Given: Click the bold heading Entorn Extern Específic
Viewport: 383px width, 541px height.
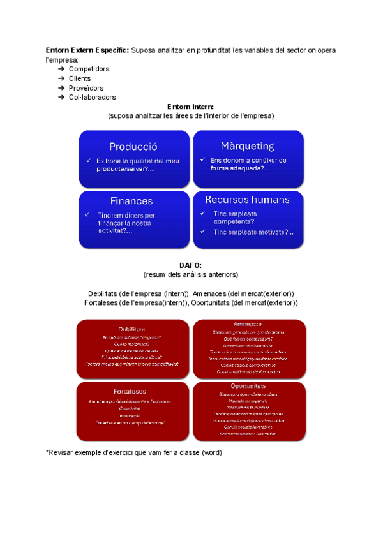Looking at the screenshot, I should tap(87, 50).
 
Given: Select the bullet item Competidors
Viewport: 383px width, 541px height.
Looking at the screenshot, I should tap(89, 69).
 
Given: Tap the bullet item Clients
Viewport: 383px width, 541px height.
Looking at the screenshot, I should tap(80, 78).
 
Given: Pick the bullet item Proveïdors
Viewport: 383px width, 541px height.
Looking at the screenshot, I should tap(86, 88).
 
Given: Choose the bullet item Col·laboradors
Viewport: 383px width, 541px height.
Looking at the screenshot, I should tap(93, 98).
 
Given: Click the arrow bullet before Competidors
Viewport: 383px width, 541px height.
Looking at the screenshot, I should tap(61, 69).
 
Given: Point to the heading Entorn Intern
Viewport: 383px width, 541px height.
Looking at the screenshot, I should tap(190, 107).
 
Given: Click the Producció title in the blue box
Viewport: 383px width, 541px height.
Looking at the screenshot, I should tap(133, 146).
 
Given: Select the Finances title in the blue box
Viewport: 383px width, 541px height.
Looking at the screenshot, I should tap(131, 200).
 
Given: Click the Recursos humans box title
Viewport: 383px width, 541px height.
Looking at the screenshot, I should tap(247, 200).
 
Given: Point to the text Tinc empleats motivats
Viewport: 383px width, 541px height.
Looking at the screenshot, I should tap(253, 232).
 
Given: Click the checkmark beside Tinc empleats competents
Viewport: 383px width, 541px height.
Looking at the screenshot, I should tap(202, 213).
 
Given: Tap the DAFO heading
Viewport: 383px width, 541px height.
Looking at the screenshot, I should tap(191, 265).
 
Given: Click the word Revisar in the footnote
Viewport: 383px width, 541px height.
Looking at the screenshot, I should tap(63, 452).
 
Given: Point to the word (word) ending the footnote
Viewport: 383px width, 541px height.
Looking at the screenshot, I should tap(211, 452).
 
